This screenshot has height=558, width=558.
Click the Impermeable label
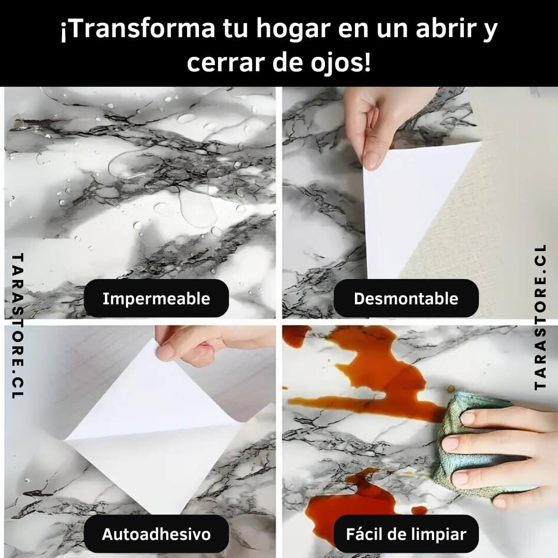point(156,298)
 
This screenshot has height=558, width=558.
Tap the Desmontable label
point(406,298)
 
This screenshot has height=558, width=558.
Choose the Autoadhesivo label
point(156,534)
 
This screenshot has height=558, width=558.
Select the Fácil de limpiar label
point(406,534)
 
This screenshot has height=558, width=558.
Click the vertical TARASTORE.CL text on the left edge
point(18,326)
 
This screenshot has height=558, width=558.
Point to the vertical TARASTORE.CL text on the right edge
point(540,317)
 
